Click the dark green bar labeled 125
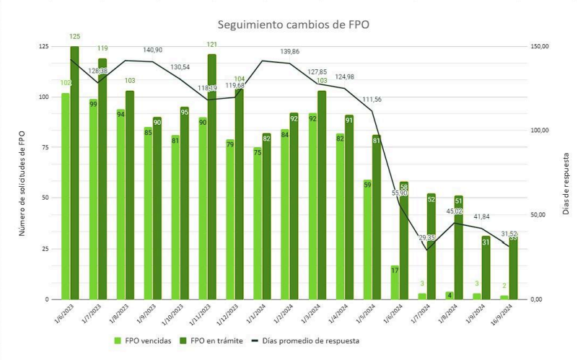coord(74,173)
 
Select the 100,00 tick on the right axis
coord(540,131)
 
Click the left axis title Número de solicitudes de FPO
coord(23,173)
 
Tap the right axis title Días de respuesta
coord(566,173)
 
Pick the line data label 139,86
coord(294,52)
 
